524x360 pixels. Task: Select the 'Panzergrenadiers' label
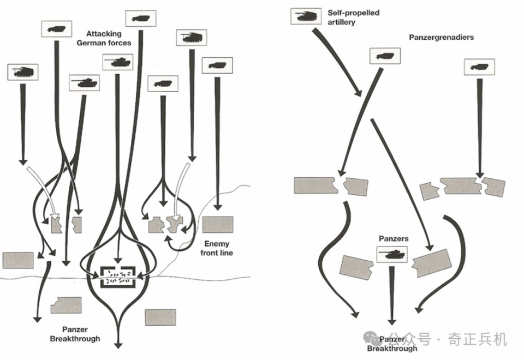click(x=441, y=38)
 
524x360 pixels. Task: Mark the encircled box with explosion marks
click(x=119, y=277)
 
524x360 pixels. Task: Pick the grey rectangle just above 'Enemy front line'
click(x=218, y=225)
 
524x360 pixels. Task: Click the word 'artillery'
click(x=342, y=22)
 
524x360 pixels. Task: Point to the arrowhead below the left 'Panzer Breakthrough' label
click(x=118, y=344)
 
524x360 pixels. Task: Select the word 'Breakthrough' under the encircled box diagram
click(x=75, y=338)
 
